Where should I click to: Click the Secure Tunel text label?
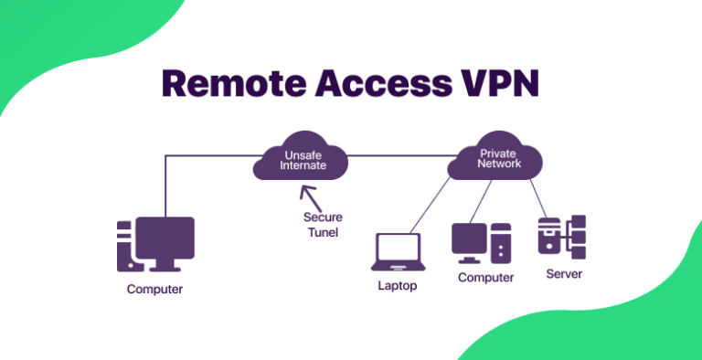(x=323, y=225)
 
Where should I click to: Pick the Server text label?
(x=563, y=274)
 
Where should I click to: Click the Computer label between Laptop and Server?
(x=485, y=278)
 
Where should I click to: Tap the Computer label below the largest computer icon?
(x=154, y=291)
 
